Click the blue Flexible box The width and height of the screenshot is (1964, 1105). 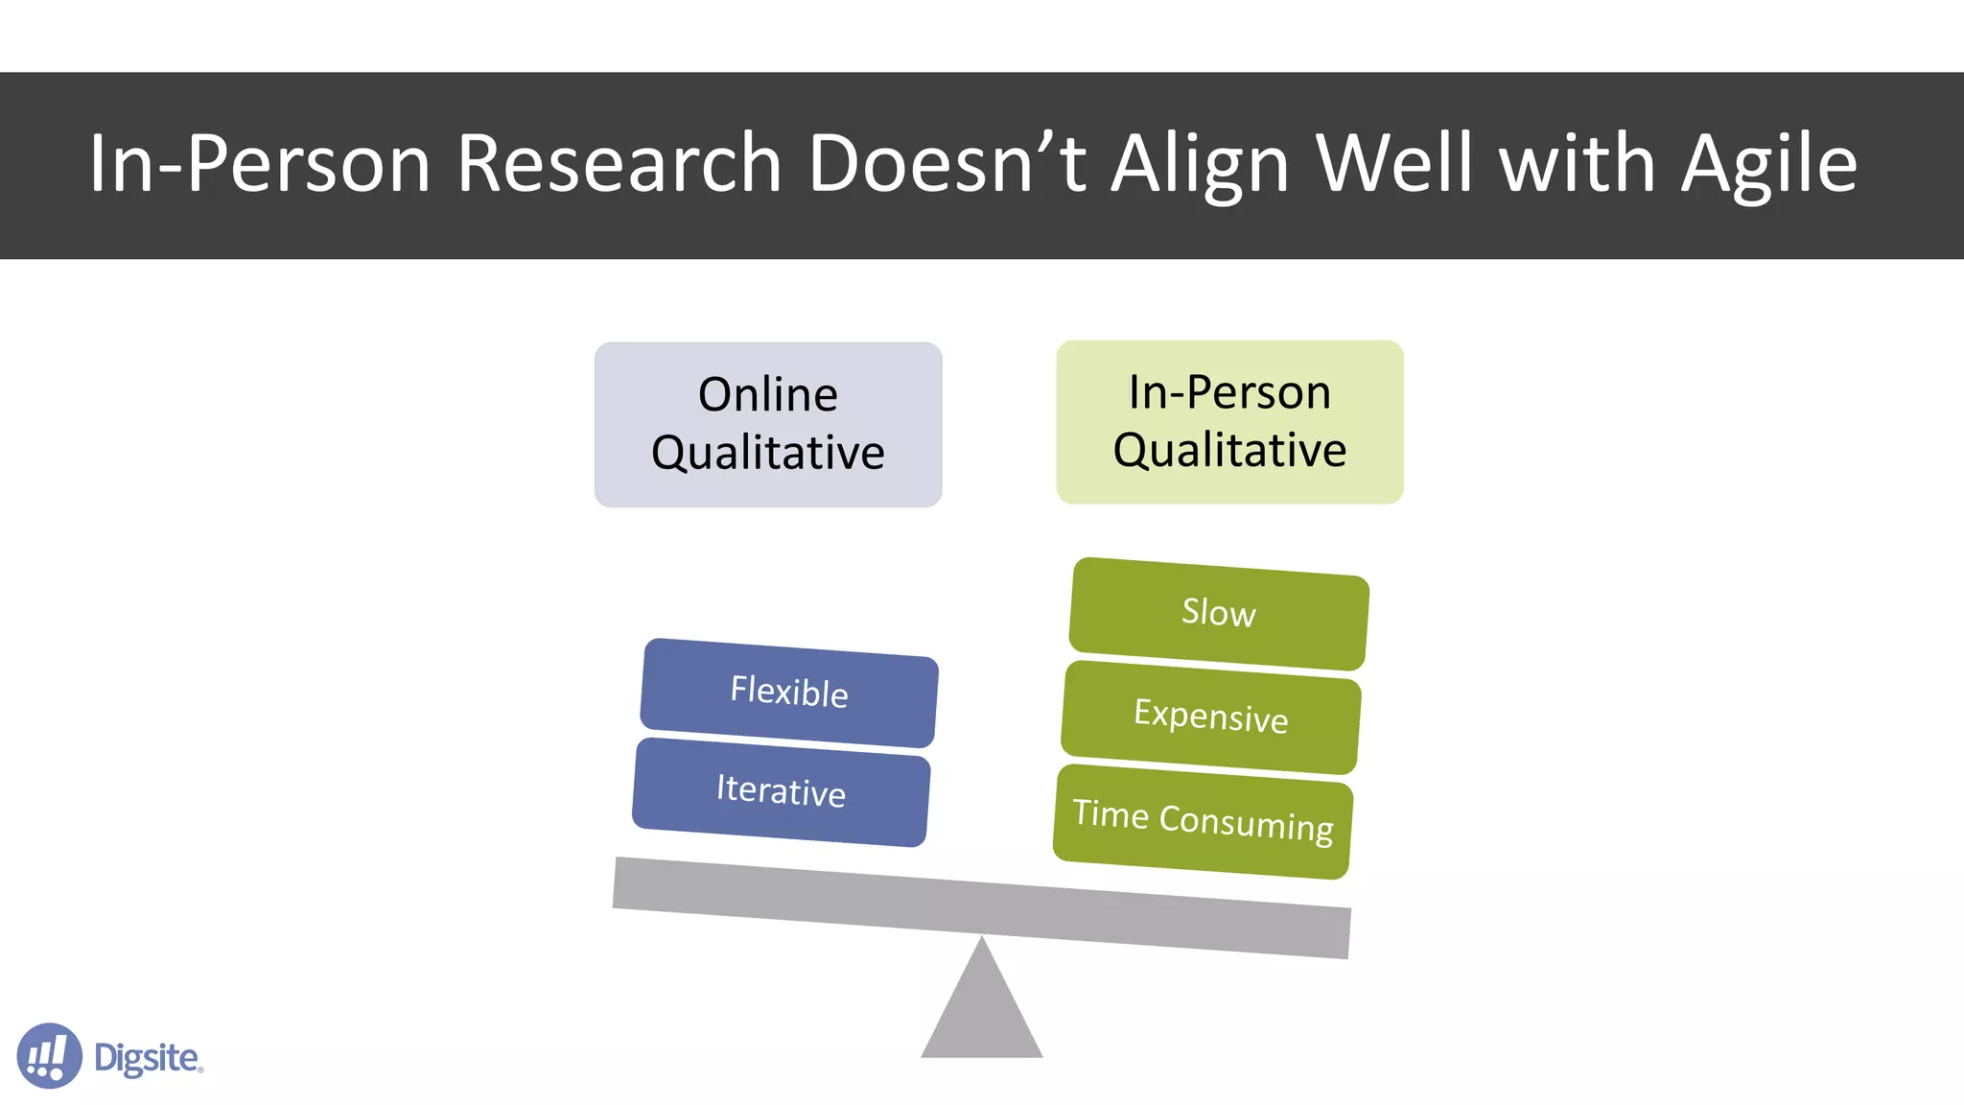788,693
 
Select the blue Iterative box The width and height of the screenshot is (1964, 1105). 781,791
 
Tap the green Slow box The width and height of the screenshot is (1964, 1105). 1218,613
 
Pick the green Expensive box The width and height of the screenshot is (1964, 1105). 1210,717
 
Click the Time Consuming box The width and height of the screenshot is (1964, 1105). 1203,821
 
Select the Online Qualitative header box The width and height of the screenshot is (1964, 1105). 768,424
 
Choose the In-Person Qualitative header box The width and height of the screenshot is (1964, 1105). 1229,422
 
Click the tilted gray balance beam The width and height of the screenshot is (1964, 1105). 981,906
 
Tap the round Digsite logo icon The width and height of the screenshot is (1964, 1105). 49,1055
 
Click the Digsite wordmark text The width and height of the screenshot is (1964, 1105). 148,1058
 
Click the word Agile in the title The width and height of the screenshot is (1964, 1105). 1769,164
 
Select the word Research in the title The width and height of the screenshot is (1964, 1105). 620,164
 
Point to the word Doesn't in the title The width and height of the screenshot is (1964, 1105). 947,164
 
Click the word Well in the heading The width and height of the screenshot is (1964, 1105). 1394,164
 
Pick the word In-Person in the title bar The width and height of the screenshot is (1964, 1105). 259,164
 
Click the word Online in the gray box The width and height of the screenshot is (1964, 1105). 767,395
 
